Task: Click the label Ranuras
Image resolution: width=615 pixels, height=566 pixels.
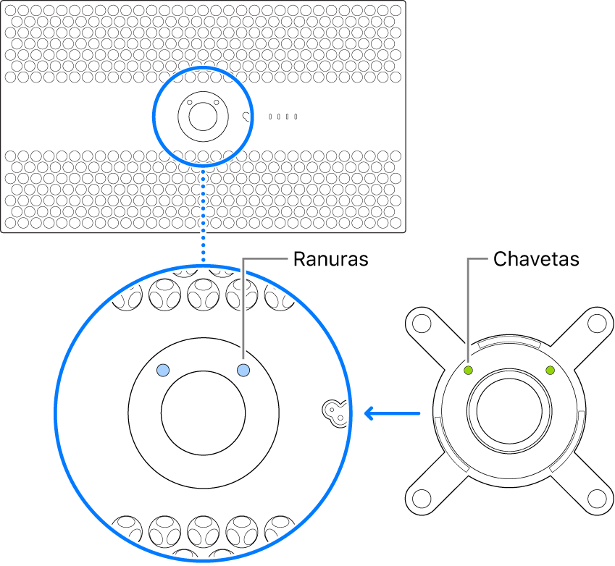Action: pos(330,259)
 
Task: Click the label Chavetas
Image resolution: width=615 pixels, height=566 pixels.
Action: pos(536,259)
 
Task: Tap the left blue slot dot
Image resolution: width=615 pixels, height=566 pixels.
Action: pos(164,370)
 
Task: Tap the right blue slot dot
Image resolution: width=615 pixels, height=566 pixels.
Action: pos(243,370)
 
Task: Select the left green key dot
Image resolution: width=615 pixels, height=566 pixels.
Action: pos(469,371)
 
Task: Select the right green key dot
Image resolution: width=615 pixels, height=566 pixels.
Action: pos(550,371)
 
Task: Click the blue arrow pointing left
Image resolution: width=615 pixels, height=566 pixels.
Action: pos(391,414)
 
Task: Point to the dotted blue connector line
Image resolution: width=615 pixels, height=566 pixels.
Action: pos(204,217)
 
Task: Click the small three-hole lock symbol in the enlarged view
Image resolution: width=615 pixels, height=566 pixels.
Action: pos(334,411)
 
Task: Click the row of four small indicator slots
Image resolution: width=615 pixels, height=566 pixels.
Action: pos(283,116)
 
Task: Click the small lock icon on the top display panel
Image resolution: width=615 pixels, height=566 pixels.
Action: pos(248,116)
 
